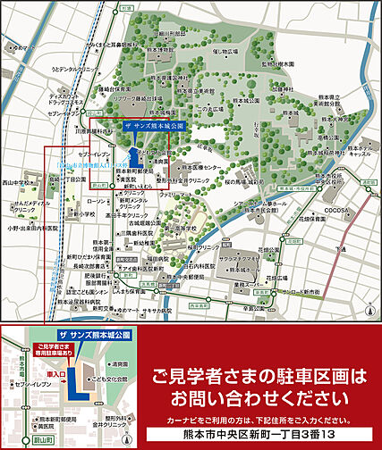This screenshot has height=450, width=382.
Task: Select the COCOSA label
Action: pyautogui.click(x=337, y=211)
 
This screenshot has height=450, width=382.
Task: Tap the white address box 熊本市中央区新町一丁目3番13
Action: pyautogui.click(x=259, y=435)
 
